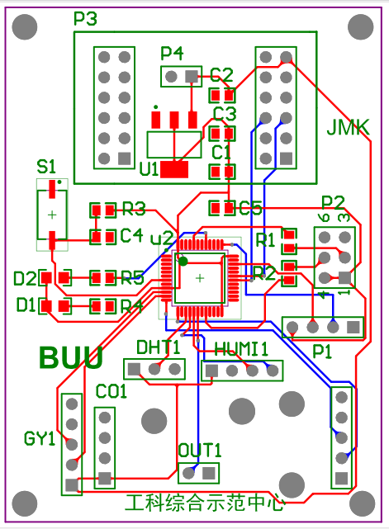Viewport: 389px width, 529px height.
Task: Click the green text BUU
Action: [x=71, y=358]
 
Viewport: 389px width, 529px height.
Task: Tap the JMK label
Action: [x=348, y=128]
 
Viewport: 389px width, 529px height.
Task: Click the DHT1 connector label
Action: [x=158, y=347]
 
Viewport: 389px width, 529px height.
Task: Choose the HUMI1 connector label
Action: [x=242, y=348]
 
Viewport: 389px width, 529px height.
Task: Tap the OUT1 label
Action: [x=200, y=451]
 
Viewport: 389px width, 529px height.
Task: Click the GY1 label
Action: [x=40, y=437]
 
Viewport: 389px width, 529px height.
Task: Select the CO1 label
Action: [x=111, y=391]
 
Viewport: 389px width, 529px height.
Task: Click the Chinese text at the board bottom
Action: [x=204, y=503]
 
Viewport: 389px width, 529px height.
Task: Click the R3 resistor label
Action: [x=134, y=209]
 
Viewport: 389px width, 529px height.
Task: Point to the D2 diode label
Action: [x=25, y=277]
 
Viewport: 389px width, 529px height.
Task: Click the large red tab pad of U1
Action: [x=174, y=169]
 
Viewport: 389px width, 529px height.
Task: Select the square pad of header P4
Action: [x=192, y=76]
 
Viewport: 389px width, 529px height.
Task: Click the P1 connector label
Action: [x=322, y=350]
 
